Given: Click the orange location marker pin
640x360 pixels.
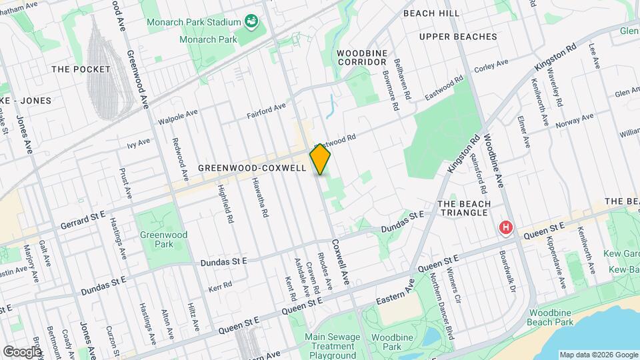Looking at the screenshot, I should pyautogui.click(x=320, y=159).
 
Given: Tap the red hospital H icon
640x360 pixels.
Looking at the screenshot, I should pyautogui.click(x=507, y=228).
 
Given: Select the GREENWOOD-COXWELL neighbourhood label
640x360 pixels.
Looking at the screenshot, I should pyautogui.click(x=252, y=169).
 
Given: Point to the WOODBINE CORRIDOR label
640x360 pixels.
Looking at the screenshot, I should pyautogui.click(x=362, y=57).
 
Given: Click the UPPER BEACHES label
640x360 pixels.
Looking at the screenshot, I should pyautogui.click(x=458, y=36).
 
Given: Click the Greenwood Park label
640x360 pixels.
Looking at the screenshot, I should pyautogui.click(x=163, y=239).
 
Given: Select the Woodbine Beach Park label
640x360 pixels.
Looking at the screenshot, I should pyautogui.click(x=551, y=317).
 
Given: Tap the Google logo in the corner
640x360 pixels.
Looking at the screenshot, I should pyautogui.click(x=22, y=351).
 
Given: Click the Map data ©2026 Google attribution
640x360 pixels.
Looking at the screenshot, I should pyautogui.click(x=598, y=354).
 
